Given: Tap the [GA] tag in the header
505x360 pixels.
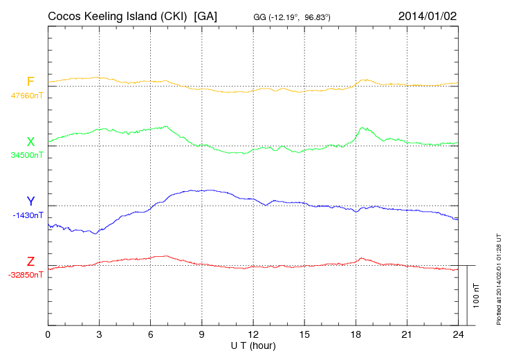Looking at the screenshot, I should point(206,15).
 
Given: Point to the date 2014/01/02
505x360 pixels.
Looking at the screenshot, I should point(428,15).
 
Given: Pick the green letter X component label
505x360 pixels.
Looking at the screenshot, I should point(30,142).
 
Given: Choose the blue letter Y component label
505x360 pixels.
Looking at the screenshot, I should point(30,201).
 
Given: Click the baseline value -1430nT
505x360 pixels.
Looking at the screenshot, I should point(28,215).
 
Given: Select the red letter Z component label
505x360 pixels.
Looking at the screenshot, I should point(30,262).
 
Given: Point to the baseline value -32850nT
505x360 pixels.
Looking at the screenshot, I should point(26,275).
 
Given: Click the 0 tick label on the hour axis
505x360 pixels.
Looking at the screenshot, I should point(48,335).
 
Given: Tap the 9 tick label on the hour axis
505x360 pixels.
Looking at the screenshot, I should point(202,335).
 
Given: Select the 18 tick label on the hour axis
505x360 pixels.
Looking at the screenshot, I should point(356,335).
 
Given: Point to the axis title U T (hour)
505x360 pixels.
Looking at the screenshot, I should point(253,345).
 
